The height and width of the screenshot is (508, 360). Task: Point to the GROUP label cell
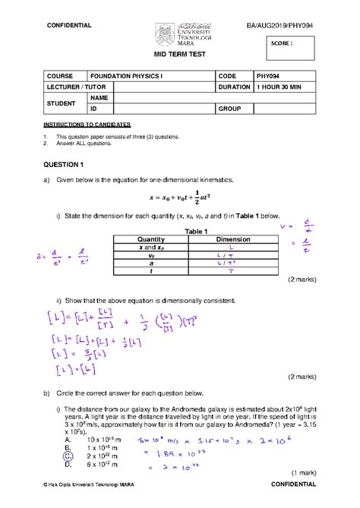tap(231, 109)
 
